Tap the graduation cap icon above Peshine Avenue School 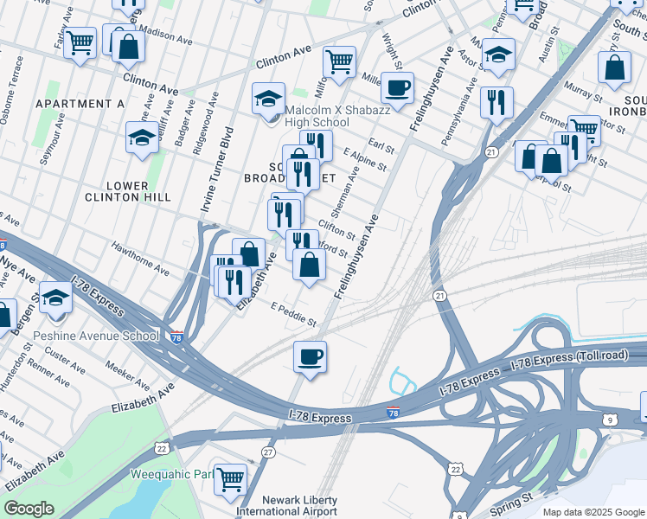55,298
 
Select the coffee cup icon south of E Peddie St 311,356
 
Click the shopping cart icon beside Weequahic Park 230,477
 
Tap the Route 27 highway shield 269,452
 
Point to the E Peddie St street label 294,315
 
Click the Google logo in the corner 29,508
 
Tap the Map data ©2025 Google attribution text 593,512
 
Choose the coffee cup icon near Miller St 397,87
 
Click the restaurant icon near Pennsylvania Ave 496,102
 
